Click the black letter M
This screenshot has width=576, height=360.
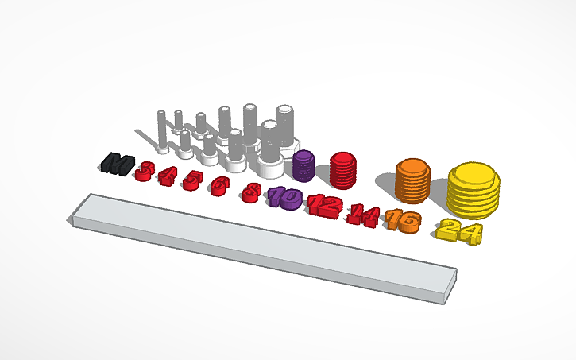click(x=117, y=165)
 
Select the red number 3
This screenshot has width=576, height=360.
click(x=145, y=169)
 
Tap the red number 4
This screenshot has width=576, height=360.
click(x=167, y=175)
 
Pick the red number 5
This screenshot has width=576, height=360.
click(x=190, y=180)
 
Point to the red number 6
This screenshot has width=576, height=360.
click(x=218, y=186)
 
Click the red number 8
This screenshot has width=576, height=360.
click(x=252, y=192)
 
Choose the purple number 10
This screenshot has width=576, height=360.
click(x=284, y=196)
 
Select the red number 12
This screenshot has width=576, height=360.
click(x=324, y=205)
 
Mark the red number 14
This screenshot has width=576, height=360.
click(x=363, y=213)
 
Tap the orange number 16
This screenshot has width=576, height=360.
click(x=402, y=220)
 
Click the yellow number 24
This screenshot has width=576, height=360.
click(x=459, y=230)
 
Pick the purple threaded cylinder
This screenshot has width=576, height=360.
click(x=303, y=166)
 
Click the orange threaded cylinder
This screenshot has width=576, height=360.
click(x=412, y=181)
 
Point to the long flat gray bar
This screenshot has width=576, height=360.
click(x=262, y=246)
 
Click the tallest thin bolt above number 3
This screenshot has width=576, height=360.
click(x=163, y=131)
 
